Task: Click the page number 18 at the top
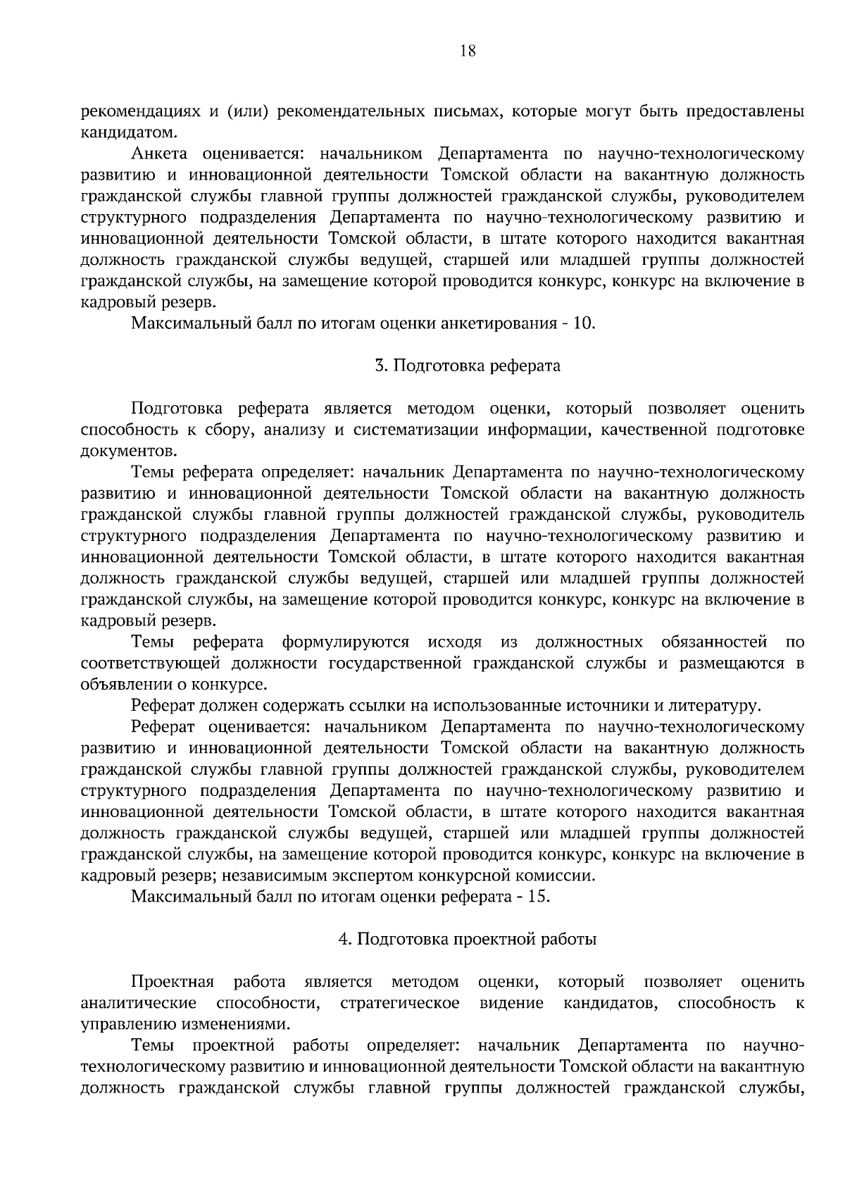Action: point(468,50)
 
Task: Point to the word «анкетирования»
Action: point(494,324)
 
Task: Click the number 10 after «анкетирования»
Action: point(584,324)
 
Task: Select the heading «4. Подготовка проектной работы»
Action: point(468,940)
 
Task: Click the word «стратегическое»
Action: point(400,1003)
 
